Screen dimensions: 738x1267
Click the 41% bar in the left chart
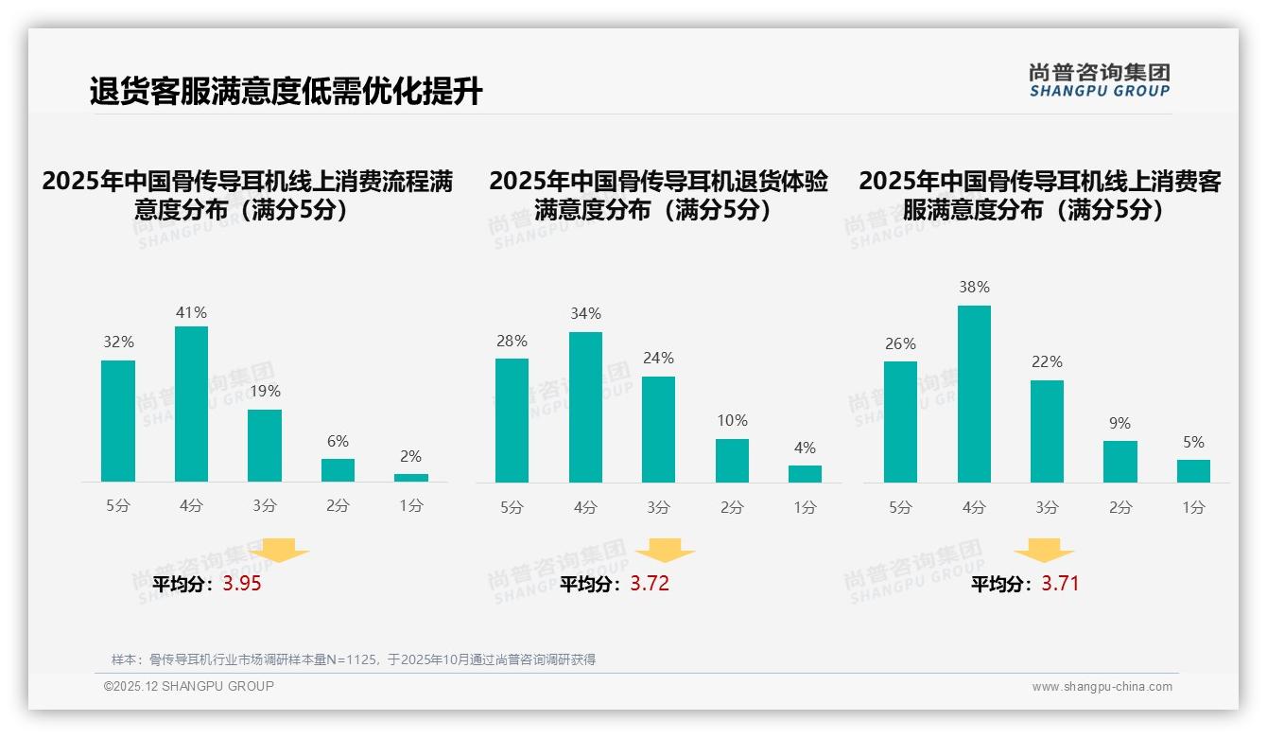191,404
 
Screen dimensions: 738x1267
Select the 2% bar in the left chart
411,478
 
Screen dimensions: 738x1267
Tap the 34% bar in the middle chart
585,407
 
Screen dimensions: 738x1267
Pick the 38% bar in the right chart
974,394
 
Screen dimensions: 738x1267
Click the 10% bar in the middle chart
732,461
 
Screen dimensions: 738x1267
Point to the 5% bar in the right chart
1193,471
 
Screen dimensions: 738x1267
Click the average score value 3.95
242,584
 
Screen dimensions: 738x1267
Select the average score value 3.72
650,584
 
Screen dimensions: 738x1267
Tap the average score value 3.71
1060,584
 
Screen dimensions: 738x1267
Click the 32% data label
118,343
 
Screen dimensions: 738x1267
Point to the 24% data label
658,359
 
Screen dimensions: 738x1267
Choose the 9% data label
1119,424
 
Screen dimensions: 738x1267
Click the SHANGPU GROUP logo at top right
1099,80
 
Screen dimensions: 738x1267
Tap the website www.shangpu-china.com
1102,687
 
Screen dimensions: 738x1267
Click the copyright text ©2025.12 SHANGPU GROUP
189,686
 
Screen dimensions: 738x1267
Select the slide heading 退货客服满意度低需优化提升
286,92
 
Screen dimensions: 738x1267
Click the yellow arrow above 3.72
665,551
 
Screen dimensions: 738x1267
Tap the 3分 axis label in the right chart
1047,508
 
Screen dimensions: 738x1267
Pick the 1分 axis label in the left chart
411,506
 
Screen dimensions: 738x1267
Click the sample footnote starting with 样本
353,659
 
